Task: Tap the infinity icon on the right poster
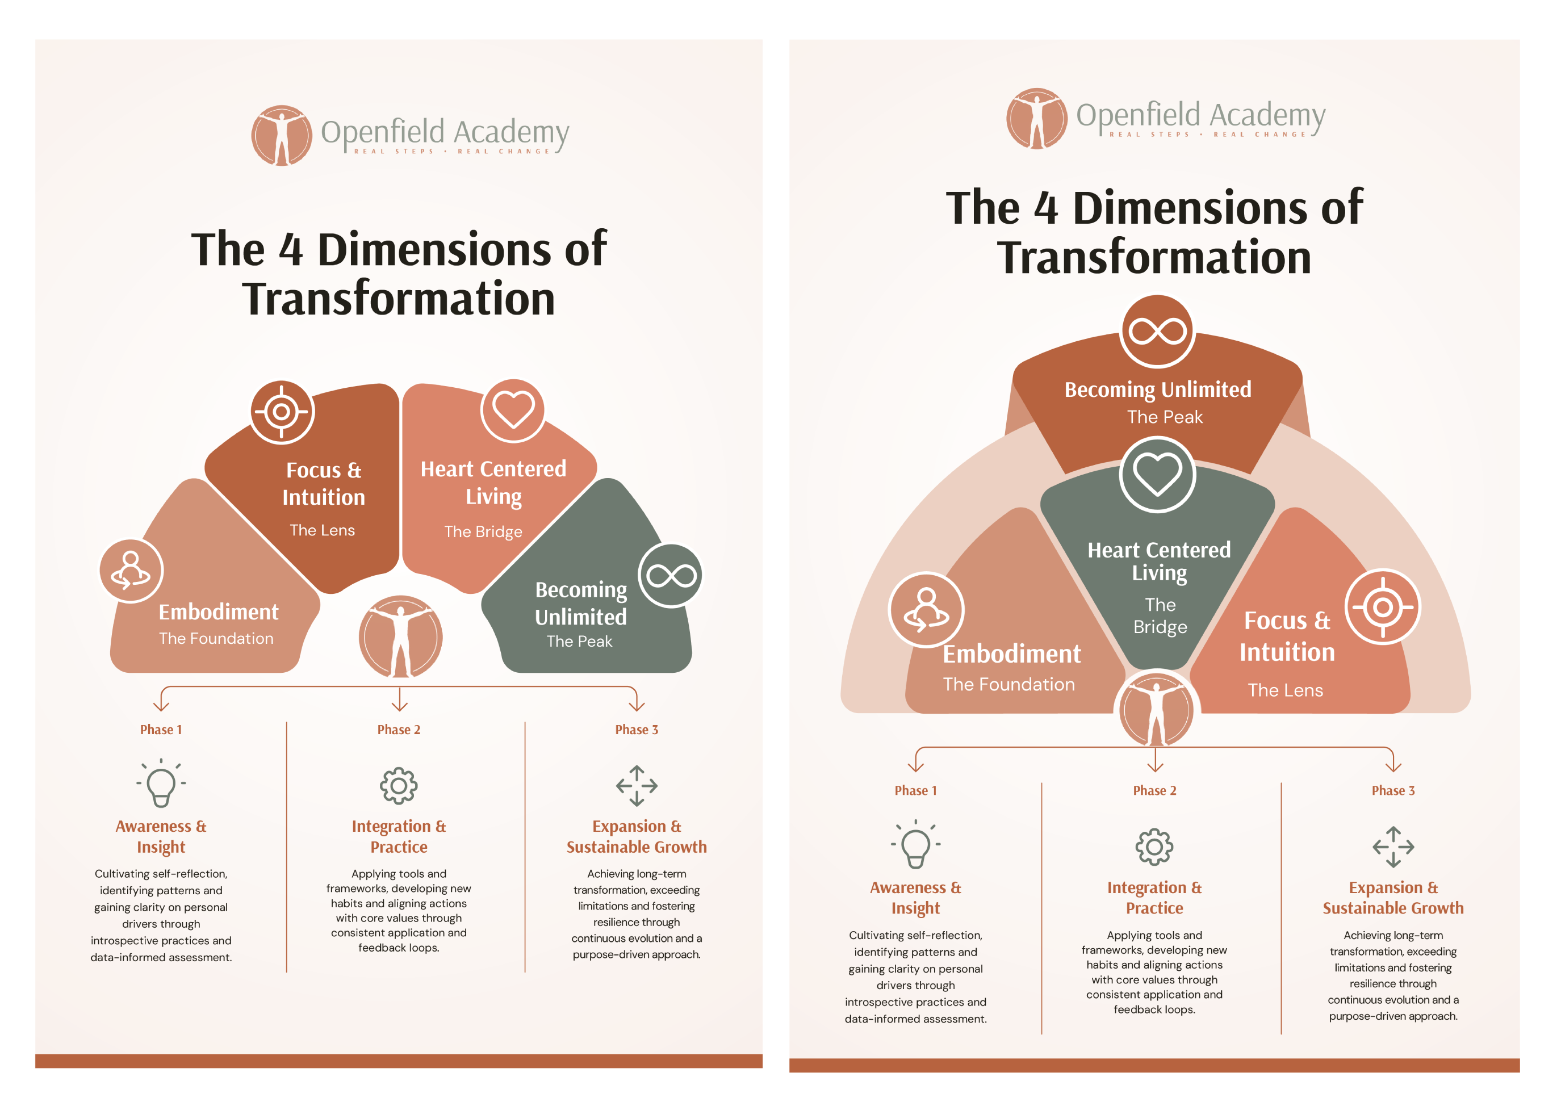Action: [1157, 332]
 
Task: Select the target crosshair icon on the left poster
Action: [281, 412]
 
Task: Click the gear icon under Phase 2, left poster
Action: [399, 786]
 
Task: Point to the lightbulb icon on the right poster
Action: [915, 844]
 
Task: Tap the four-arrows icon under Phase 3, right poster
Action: [1393, 847]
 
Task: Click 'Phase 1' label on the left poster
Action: [161, 730]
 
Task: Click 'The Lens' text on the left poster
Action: [322, 530]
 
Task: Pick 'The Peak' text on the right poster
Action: [1165, 417]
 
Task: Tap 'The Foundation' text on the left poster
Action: [216, 638]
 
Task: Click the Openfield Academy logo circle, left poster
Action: [281, 135]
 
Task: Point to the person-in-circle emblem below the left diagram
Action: [400, 637]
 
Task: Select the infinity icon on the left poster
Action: [671, 576]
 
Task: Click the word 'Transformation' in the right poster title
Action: [1154, 257]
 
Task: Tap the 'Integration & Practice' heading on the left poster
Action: [399, 836]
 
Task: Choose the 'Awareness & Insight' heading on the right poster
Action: [915, 898]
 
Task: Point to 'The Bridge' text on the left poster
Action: [483, 531]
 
